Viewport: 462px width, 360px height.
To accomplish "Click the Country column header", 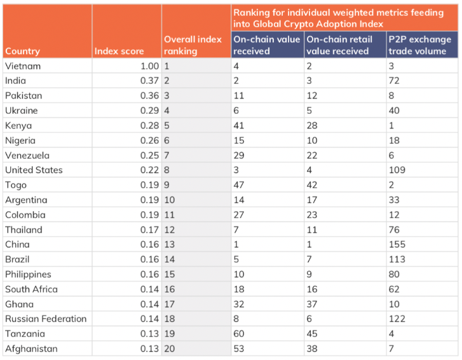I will pos(22,52).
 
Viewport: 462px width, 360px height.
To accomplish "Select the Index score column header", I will pos(119,52).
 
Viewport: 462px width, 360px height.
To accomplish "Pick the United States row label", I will pos(33,170).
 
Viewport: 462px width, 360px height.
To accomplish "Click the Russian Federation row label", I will pos(45,319).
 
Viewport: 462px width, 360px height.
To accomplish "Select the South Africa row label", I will pos(31,289).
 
